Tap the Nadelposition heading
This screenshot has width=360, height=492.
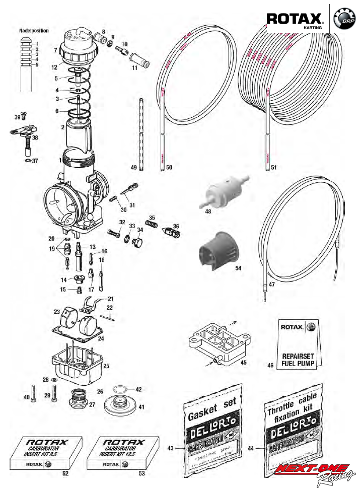(34, 30)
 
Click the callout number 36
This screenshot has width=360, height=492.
(176, 226)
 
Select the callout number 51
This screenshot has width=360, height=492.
(273, 167)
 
